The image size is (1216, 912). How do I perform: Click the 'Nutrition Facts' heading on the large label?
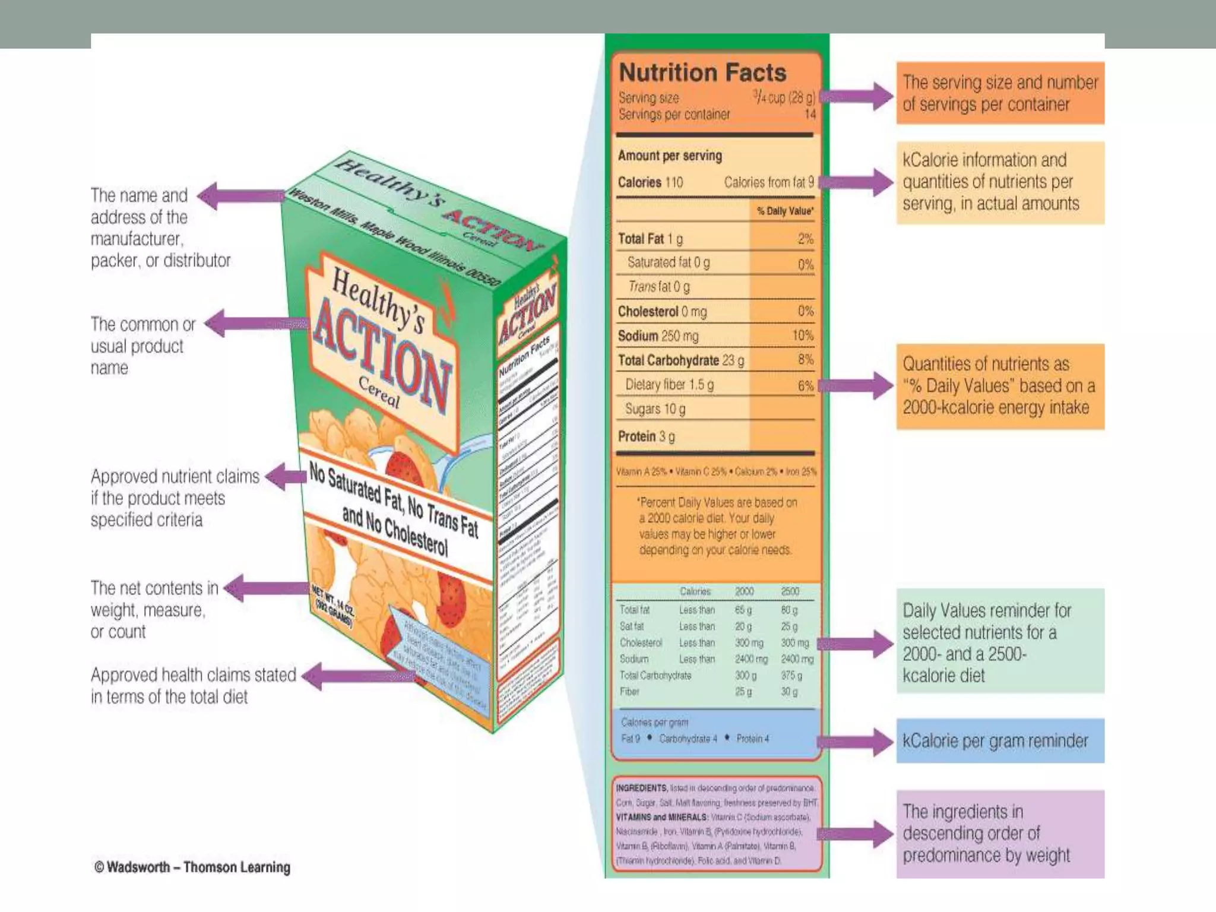tap(702, 72)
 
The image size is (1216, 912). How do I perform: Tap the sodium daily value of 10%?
tap(802, 335)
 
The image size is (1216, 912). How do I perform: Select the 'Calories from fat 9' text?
tap(769, 182)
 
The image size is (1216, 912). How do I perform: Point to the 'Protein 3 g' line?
tap(646, 436)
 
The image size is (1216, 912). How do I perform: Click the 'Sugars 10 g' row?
tap(655, 409)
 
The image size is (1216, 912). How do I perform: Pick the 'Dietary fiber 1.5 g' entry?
tap(669, 385)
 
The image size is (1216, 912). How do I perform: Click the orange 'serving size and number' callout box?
tap(1000, 93)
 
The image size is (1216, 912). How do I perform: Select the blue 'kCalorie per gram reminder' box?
tap(1000, 740)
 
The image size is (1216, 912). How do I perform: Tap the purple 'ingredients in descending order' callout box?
tap(1000, 834)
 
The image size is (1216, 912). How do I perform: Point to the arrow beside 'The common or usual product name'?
tap(255, 324)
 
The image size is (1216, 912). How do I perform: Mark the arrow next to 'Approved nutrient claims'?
tap(285, 476)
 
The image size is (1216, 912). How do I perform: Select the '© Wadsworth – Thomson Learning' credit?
tap(192, 867)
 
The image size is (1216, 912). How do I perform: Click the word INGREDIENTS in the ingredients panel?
tap(641, 788)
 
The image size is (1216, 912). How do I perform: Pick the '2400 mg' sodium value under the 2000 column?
tap(751, 659)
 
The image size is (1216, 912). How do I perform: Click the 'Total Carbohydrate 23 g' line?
tap(680, 360)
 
